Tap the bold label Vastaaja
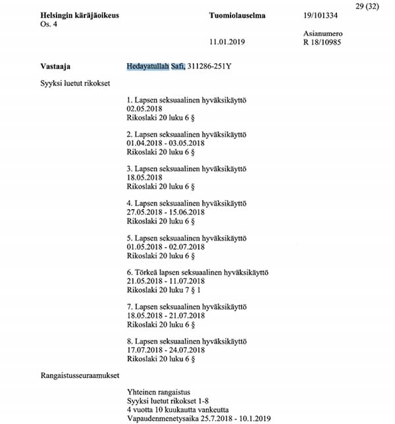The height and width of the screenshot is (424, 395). click(55, 66)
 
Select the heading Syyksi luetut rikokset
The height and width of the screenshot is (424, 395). click(74, 84)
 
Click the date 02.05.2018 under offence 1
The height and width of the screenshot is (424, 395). click(144, 111)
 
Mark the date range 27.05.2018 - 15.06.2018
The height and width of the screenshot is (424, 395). click(167, 212)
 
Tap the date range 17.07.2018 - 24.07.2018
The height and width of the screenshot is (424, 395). click(167, 349)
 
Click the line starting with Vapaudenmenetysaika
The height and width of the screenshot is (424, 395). click(198, 418)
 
